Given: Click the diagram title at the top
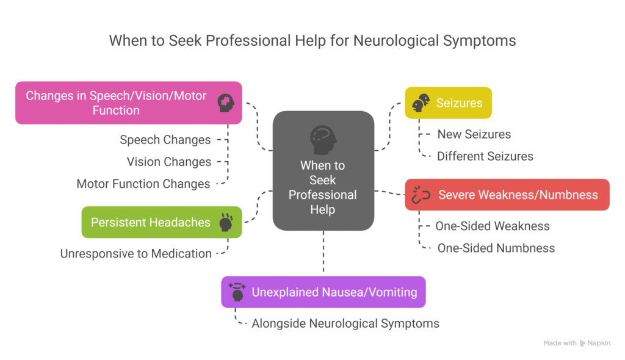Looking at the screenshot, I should click(x=312, y=41).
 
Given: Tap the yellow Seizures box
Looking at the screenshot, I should click(x=449, y=103).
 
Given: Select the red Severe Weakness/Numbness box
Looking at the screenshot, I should click(x=507, y=195).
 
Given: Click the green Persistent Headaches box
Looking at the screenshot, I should click(x=161, y=222).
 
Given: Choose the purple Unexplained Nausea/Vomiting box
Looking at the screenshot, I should click(x=323, y=292).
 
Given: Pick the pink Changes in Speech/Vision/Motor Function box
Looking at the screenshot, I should click(x=128, y=103).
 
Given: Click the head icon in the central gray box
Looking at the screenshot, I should click(x=323, y=140).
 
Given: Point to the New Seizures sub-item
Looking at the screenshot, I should click(x=474, y=134).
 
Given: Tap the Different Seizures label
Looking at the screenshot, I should click(x=485, y=156).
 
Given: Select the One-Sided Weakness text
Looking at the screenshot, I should click(x=492, y=226).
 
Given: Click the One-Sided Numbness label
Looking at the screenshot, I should click(x=496, y=248).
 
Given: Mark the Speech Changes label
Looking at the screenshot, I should click(x=165, y=140).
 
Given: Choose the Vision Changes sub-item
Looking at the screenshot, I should click(x=168, y=162).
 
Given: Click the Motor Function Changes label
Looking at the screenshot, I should click(x=143, y=184).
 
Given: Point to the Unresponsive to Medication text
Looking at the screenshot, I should click(x=135, y=253).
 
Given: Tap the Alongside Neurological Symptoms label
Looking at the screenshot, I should click(x=345, y=323).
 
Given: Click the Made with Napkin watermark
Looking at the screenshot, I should click(x=576, y=344).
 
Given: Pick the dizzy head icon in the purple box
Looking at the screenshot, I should click(x=237, y=292).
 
